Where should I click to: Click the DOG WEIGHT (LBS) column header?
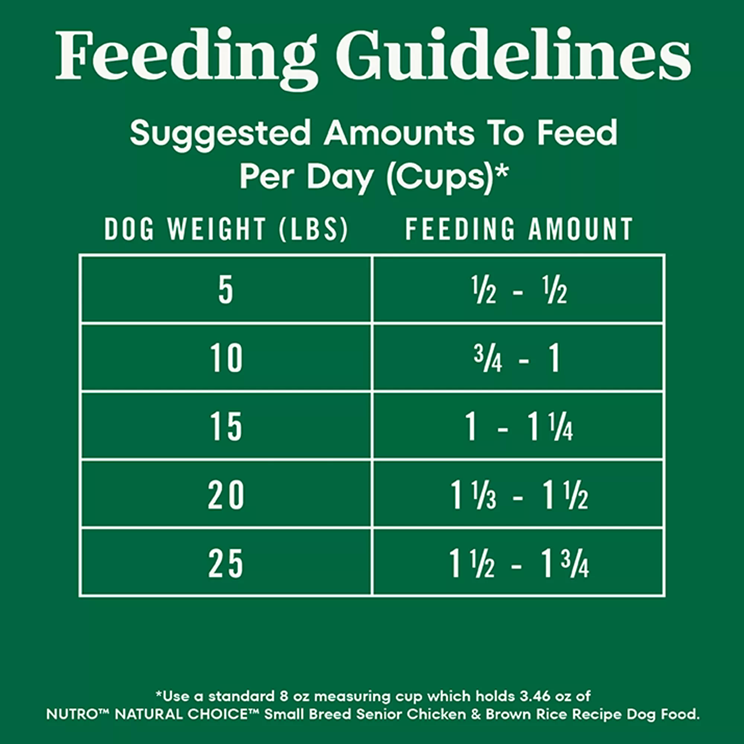pos(226,229)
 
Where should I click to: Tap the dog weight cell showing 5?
pos(226,291)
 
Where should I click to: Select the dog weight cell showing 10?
pos(226,359)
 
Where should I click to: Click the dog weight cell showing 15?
pos(226,427)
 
